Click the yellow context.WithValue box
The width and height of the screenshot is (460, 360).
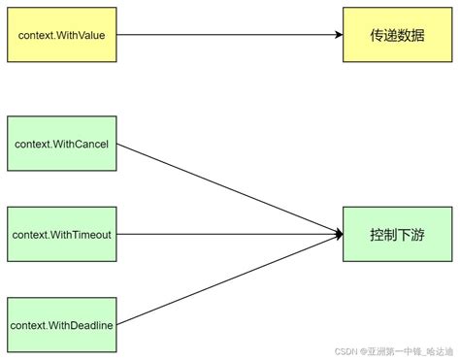pyautogui.click(x=61, y=35)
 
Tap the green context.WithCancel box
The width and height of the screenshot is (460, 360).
pyautogui.click(x=61, y=145)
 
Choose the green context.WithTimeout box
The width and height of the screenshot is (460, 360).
pyautogui.click(x=61, y=234)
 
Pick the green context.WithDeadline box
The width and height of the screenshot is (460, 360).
pyautogui.click(x=61, y=324)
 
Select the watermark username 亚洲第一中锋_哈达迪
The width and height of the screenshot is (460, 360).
pyautogui.click(x=408, y=351)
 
